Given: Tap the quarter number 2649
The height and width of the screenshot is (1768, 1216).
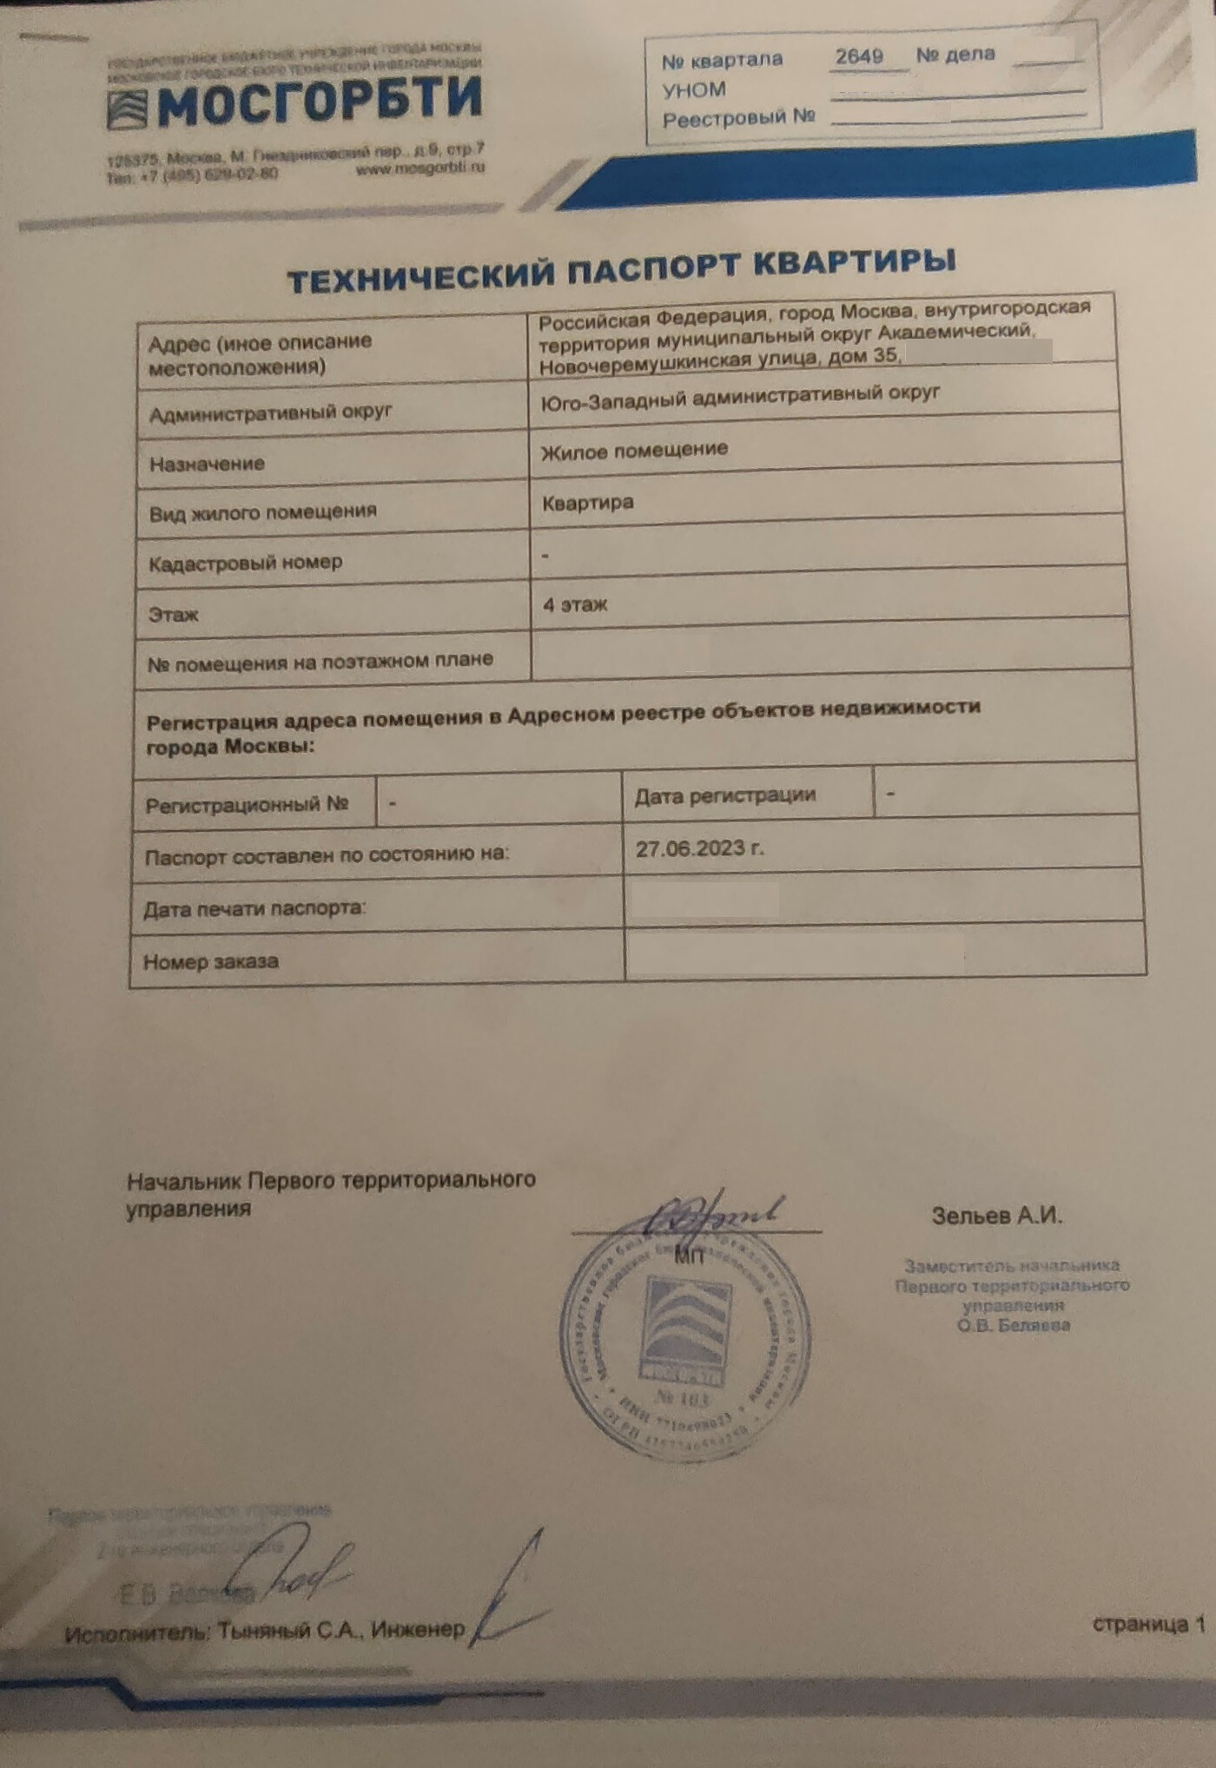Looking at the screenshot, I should click(x=858, y=56).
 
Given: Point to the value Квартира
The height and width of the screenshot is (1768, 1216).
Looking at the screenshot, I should click(x=587, y=503).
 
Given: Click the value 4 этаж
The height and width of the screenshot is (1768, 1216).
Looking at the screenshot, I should click(x=574, y=604).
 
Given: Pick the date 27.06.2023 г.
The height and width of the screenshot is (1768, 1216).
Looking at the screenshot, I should click(x=699, y=848).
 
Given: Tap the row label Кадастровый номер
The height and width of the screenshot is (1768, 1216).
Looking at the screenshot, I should click(x=245, y=563).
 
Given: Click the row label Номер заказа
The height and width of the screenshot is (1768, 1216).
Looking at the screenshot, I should click(x=211, y=961).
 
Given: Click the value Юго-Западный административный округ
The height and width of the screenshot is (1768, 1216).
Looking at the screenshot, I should click(x=740, y=398).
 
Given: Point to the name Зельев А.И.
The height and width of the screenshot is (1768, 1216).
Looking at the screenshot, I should click(x=996, y=1216).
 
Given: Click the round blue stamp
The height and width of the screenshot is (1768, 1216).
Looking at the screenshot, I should click(x=686, y=1337).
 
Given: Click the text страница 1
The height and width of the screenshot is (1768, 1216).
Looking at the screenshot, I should click(x=1148, y=1623).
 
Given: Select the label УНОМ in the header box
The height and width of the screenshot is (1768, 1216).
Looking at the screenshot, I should click(x=693, y=89).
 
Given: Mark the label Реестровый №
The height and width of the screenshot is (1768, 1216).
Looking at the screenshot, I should click(x=738, y=117).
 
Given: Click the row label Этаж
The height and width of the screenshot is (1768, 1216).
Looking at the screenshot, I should click(x=174, y=615).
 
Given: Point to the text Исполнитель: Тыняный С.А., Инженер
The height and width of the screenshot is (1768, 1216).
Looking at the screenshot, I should click(x=265, y=1631).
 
